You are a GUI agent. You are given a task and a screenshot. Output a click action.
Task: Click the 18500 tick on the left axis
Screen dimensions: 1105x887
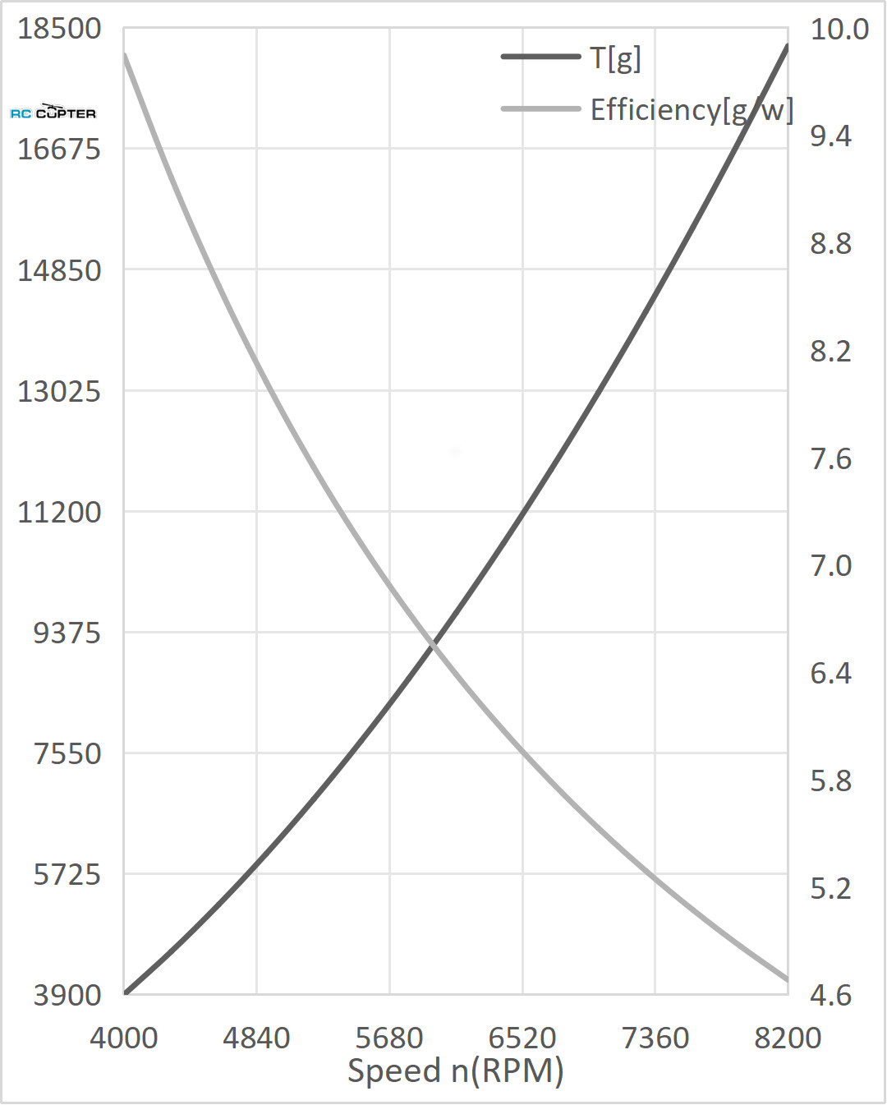point(59,29)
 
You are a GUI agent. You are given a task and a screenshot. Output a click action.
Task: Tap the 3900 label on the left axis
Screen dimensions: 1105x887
point(67,995)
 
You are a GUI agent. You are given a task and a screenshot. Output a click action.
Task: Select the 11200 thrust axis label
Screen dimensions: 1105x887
point(59,512)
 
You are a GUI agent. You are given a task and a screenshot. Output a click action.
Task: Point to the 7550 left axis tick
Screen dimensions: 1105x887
point(67,753)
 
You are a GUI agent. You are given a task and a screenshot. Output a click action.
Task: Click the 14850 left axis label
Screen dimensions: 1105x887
point(59,270)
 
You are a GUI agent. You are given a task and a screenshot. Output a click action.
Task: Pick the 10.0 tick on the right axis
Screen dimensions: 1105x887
point(839,29)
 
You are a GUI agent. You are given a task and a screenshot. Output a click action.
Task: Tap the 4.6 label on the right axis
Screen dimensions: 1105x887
point(830,995)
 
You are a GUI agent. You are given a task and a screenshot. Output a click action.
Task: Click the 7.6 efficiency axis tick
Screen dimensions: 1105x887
point(830,458)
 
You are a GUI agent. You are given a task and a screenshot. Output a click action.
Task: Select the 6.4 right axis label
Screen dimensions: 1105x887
point(830,673)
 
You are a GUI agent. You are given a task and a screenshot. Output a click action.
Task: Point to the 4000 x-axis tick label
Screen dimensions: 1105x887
point(124,1038)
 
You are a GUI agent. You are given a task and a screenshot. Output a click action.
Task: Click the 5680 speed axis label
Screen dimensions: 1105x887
point(389,1038)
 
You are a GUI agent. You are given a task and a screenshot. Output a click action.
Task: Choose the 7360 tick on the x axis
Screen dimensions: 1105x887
point(655,1038)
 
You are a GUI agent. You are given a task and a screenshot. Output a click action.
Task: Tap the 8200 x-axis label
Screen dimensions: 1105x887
point(788,1038)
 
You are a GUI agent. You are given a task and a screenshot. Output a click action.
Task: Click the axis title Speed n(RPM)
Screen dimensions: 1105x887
point(456,1071)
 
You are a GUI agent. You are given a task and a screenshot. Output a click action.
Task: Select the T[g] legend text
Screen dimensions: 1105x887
point(616,58)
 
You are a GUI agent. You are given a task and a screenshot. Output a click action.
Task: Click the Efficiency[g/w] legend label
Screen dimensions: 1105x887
point(692,109)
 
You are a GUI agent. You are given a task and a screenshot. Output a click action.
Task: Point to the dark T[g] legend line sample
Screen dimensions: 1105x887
point(540,57)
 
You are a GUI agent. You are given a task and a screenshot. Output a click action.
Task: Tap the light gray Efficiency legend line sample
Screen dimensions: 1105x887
point(540,108)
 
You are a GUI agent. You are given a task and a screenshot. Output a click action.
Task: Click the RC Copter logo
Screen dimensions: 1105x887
point(53,112)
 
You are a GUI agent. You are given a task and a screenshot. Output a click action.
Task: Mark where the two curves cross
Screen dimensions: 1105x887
point(433,646)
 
